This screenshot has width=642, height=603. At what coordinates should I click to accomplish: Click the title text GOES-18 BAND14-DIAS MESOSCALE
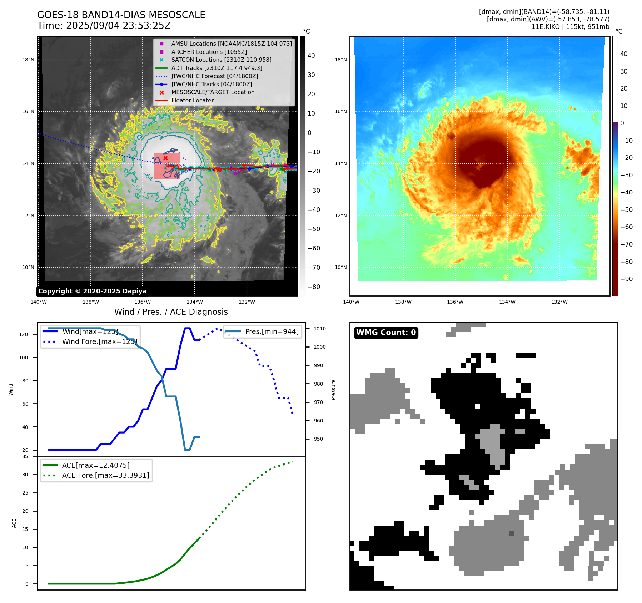(121, 15)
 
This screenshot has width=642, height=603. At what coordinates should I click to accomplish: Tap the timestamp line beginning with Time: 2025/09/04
(104, 26)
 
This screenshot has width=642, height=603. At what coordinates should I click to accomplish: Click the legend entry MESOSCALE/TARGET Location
(213, 92)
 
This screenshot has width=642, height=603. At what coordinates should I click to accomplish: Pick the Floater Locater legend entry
(192, 100)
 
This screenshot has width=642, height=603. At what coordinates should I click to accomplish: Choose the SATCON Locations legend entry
(221, 60)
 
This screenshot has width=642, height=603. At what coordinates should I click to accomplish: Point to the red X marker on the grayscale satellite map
(165, 158)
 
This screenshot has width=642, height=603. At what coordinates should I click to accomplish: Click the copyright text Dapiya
(92, 291)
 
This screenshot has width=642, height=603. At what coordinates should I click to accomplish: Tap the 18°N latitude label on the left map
(28, 60)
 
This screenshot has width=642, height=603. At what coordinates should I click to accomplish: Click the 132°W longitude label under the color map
(559, 302)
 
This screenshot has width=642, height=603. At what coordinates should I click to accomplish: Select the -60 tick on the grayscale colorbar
(314, 248)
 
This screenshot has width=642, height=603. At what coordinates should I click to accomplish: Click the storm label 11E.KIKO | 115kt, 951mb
(570, 27)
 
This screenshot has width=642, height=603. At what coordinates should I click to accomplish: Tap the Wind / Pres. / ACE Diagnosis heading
(171, 312)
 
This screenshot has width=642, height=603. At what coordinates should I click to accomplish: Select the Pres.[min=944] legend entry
(272, 331)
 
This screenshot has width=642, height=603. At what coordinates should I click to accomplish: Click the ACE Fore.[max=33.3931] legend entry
(105, 475)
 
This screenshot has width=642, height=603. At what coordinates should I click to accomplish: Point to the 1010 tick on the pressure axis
(320, 329)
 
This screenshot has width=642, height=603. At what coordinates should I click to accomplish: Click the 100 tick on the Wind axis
(24, 358)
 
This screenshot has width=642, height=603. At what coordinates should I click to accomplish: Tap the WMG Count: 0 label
(386, 333)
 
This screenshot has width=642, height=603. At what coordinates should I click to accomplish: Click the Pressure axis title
(333, 390)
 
